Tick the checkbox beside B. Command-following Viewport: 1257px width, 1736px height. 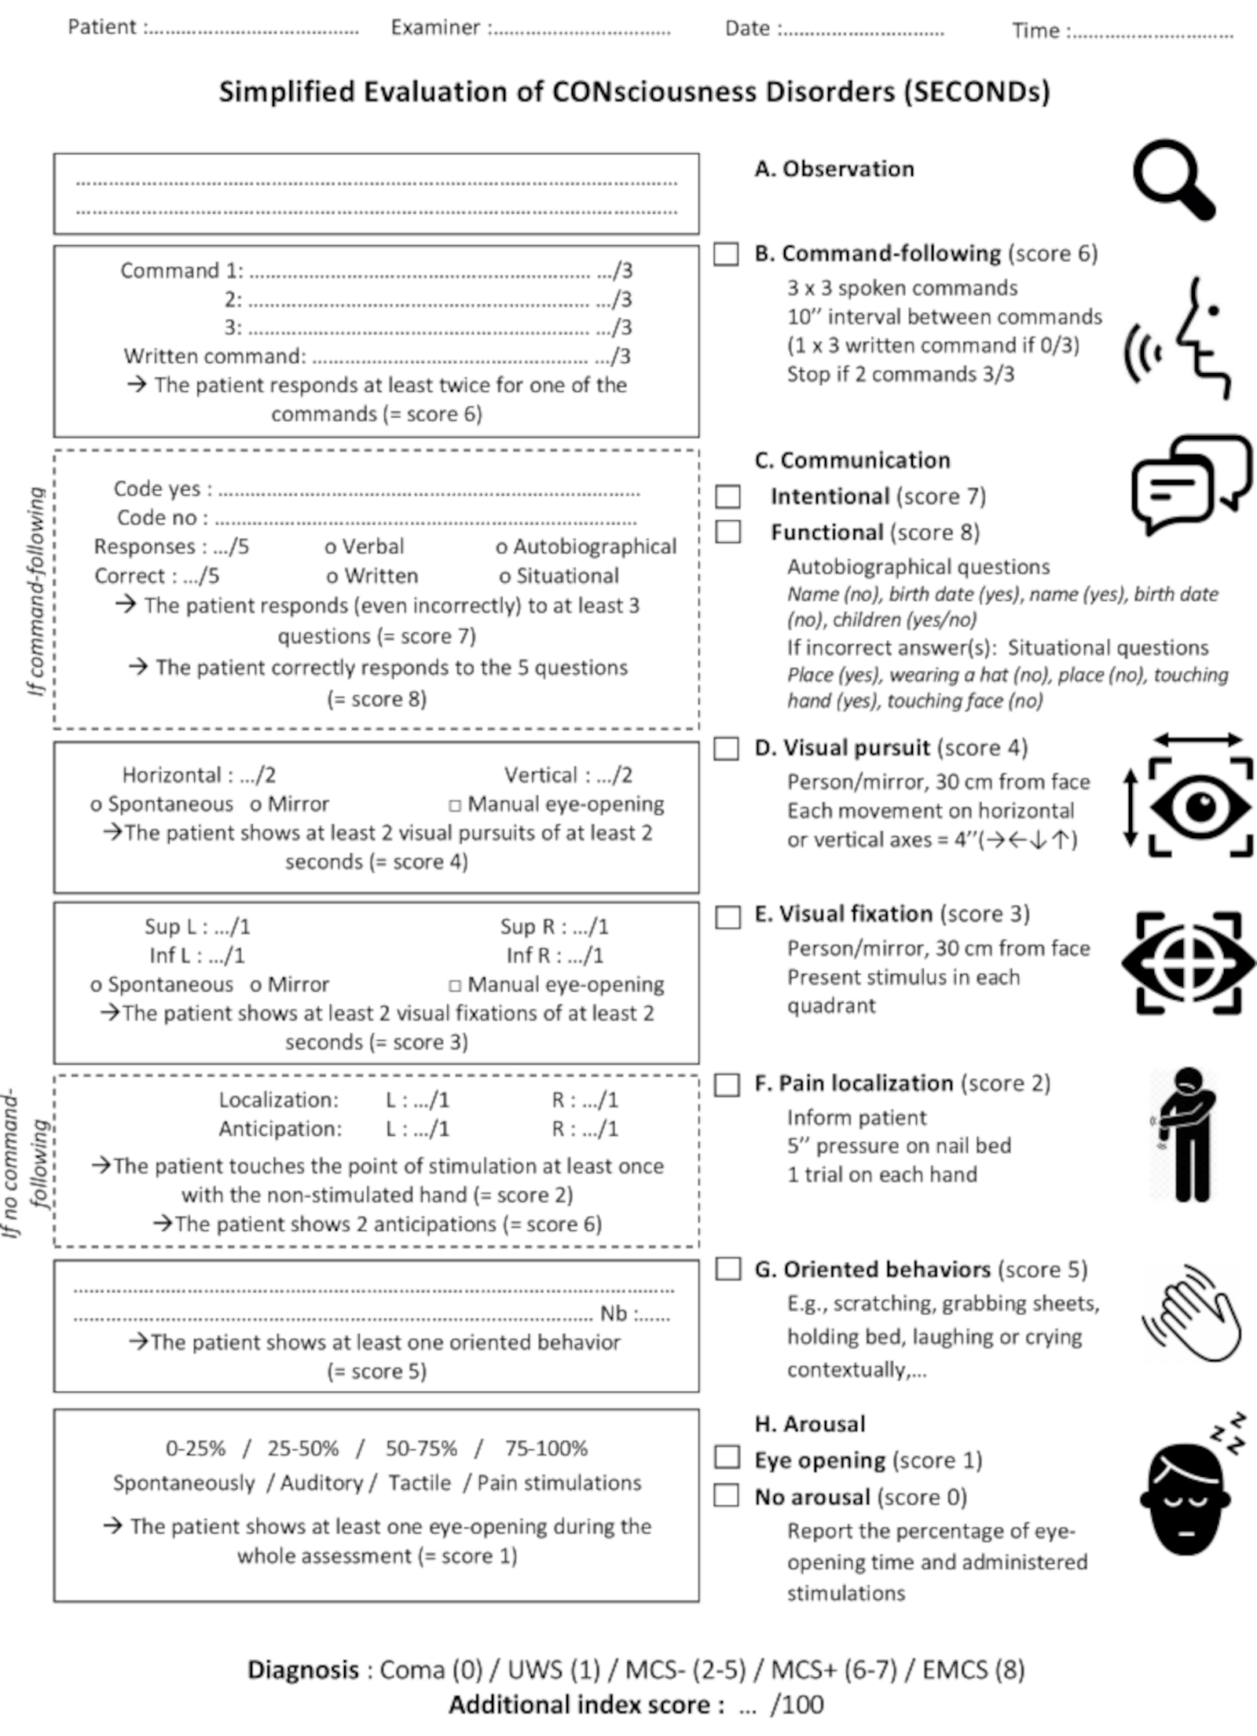tap(726, 254)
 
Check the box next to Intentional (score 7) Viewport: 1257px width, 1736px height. tap(727, 496)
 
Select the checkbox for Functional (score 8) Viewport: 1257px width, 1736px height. tap(727, 532)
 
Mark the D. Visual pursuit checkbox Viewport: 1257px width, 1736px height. tap(726, 748)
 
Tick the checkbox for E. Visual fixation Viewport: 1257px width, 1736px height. tap(727, 917)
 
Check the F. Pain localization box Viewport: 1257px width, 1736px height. tap(727, 1085)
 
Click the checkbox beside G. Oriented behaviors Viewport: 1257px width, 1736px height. tap(727, 1269)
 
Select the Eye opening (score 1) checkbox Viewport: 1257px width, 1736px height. tap(727, 1457)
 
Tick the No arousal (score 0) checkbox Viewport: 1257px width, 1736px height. tap(727, 1495)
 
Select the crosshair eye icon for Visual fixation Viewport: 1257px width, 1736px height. tap(1189, 962)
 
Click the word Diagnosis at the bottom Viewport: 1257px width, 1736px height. tap(303, 1670)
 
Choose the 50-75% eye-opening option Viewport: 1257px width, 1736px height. tap(421, 1448)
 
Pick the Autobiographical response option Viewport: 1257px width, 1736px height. tap(586, 547)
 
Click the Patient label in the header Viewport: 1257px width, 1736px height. tap(102, 27)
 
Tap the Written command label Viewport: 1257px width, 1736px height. tap(214, 356)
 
